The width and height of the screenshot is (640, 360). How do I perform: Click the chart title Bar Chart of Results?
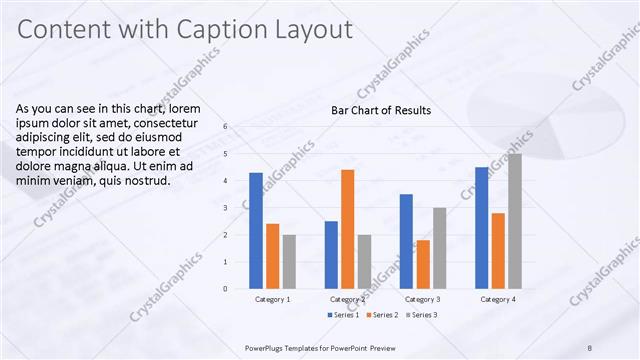pyautogui.click(x=381, y=110)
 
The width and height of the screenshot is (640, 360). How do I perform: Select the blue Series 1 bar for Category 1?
pyautogui.click(x=256, y=230)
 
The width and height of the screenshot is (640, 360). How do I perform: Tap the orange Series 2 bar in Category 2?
pyautogui.click(x=347, y=229)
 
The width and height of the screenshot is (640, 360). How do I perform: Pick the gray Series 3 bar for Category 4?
pyautogui.click(x=514, y=221)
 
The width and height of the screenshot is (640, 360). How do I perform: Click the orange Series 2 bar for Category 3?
pyautogui.click(x=423, y=264)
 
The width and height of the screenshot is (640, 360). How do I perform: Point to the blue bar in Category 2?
pyautogui.click(x=331, y=255)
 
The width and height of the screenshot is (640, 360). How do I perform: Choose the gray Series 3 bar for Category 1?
pyautogui.click(x=289, y=262)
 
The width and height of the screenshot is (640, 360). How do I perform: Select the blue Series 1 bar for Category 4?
pyautogui.click(x=482, y=228)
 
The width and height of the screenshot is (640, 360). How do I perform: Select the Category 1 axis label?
pyautogui.click(x=273, y=299)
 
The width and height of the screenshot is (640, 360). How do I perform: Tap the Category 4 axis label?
pyautogui.click(x=498, y=299)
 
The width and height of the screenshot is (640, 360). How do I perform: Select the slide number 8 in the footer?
pyautogui.click(x=590, y=347)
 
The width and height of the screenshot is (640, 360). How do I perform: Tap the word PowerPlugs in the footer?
pyautogui.click(x=266, y=347)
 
